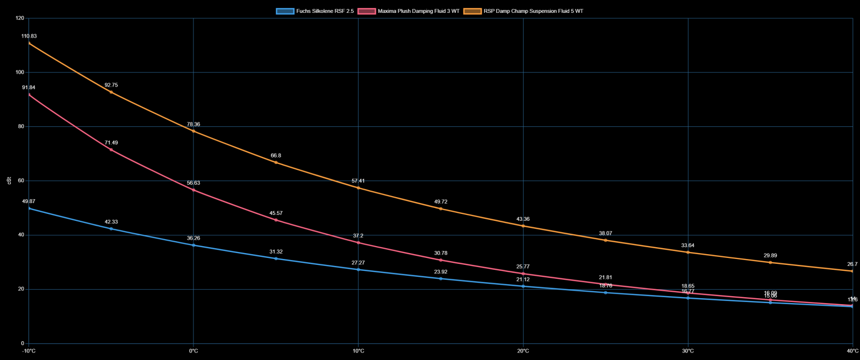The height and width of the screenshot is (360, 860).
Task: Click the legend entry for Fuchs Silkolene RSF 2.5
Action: [315, 11]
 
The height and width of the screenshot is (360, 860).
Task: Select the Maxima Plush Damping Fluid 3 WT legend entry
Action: [408, 11]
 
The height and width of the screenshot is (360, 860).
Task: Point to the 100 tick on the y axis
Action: [19, 73]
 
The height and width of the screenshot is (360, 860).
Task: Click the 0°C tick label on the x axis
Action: [193, 351]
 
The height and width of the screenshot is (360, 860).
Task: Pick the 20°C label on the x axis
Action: [523, 351]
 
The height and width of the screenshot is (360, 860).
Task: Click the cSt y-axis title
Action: [8, 181]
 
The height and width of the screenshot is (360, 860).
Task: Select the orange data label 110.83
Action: [29, 36]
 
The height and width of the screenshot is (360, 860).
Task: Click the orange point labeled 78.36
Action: [193, 131]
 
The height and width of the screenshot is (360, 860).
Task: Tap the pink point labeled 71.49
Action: [111, 149]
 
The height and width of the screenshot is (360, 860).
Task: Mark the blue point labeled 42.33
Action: [111, 229]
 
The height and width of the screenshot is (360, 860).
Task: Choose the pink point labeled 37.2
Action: [359, 243]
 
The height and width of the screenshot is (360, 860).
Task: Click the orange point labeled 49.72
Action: [441, 208]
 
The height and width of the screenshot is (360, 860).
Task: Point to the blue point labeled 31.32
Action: [276, 258]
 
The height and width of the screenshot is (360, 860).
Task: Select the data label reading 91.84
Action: [29, 88]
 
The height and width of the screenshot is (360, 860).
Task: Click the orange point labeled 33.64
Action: [688, 253]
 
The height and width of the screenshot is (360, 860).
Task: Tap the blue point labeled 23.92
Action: [441, 278]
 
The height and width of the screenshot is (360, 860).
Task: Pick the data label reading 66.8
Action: [276, 156]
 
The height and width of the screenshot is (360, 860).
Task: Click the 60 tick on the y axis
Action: [20, 181]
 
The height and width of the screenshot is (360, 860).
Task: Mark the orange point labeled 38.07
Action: [606, 240]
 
